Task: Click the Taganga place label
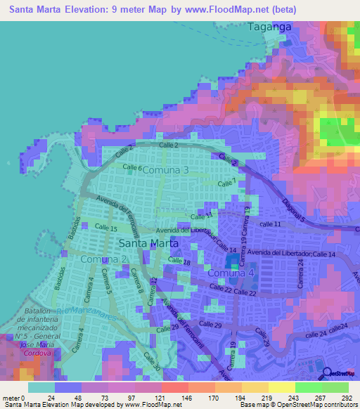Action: pos(269,27)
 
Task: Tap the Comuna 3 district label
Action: pos(166,170)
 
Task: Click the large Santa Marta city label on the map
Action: pos(149,243)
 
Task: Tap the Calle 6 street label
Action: pos(132,169)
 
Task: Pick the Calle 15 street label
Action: pos(105,228)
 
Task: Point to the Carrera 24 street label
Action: pos(300,271)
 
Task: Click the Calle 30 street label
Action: pos(153,362)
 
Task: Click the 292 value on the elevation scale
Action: pos(345,397)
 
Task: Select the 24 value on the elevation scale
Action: pos(51,397)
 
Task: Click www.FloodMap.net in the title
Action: pos(231,9)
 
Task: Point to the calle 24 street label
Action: pos(335,330)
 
